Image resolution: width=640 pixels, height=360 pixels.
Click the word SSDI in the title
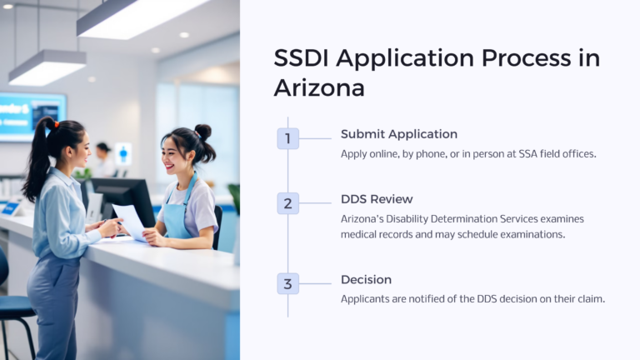[302, 58]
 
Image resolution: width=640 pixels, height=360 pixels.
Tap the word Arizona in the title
[319, 87]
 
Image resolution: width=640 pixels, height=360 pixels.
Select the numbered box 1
[287, 138]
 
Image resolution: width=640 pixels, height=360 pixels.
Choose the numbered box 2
[287, 203]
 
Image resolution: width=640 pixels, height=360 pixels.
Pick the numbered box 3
[287, 283]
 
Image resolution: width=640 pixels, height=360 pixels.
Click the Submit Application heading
[398, 134]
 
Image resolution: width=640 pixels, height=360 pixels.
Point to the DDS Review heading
[377, 199]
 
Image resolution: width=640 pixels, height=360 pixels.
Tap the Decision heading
[366, 280]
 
